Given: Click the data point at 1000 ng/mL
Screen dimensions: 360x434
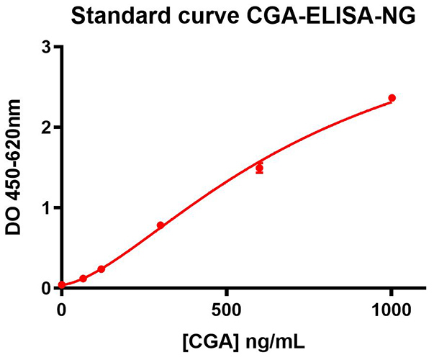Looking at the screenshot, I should point(392,98).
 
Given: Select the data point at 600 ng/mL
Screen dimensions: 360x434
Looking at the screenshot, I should point(259,168).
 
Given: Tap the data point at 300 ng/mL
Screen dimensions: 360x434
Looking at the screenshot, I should point(161,225).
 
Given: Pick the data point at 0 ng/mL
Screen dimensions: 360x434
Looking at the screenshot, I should point(62,285).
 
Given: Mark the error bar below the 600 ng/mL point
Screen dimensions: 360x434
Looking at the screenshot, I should point(259,173).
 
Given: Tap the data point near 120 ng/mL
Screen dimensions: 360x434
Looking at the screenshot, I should point(101,269).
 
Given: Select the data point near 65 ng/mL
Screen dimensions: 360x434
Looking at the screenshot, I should point(83,278).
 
